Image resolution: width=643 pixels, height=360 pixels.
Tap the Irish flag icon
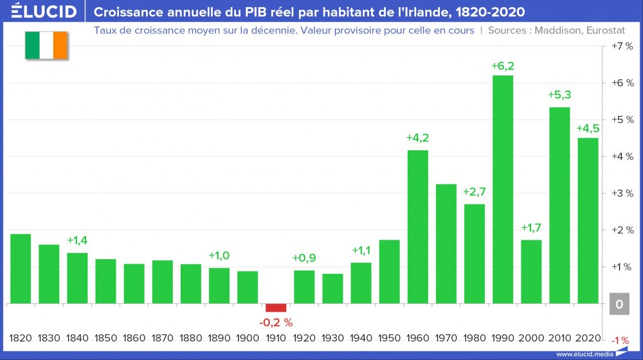[46, 45]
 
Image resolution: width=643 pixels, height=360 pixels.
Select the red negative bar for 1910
[276, 307]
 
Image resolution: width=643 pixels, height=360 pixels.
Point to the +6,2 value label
[502, 66]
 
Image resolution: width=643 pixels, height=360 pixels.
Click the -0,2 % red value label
[276, 321]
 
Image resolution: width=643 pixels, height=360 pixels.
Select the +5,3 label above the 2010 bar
[559, 95]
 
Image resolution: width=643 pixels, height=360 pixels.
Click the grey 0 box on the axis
[619, 304]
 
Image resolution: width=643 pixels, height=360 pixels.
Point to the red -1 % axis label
[620, 340]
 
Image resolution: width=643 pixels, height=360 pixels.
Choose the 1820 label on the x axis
[21, 338]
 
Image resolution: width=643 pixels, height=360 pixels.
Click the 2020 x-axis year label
[588, 338]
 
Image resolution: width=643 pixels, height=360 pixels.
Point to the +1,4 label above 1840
[77, 240]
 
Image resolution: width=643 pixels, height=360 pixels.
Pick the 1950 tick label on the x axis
[389, 338]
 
